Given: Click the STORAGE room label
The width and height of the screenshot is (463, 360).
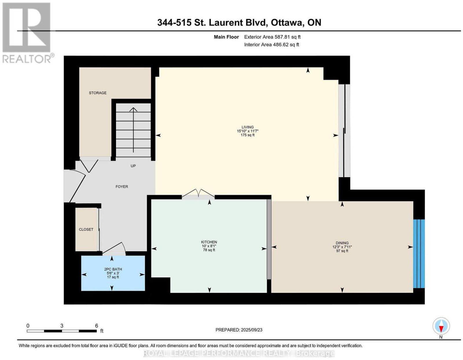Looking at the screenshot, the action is click(98, 93).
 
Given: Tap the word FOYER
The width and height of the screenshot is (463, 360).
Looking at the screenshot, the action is click(122, 187).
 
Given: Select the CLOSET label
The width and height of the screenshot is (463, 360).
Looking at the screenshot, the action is click(86, 230).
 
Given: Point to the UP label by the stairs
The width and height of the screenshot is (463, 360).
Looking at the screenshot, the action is click(133, 166).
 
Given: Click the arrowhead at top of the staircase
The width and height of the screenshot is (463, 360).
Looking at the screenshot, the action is click(133, 109).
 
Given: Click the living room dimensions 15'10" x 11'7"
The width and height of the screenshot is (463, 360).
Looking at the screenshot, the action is click(248, 131).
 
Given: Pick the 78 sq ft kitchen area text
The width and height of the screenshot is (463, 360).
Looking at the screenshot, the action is click(209, 250).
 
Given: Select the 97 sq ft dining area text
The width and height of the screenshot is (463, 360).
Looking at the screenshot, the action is click(342, 251).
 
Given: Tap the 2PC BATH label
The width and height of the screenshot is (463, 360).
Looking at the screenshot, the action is click(113, 269).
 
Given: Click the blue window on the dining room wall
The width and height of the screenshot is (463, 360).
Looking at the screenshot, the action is click(419, 254).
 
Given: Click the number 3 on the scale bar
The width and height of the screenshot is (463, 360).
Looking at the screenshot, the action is click(62, 326).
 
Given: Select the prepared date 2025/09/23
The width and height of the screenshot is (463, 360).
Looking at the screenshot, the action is click(251, 330).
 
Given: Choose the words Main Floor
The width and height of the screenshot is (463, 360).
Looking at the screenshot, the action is click(226, 37).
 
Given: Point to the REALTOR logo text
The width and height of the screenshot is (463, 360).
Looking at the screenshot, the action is click(27, 59).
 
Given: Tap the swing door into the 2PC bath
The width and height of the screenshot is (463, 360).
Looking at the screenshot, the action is click(114, 249).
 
